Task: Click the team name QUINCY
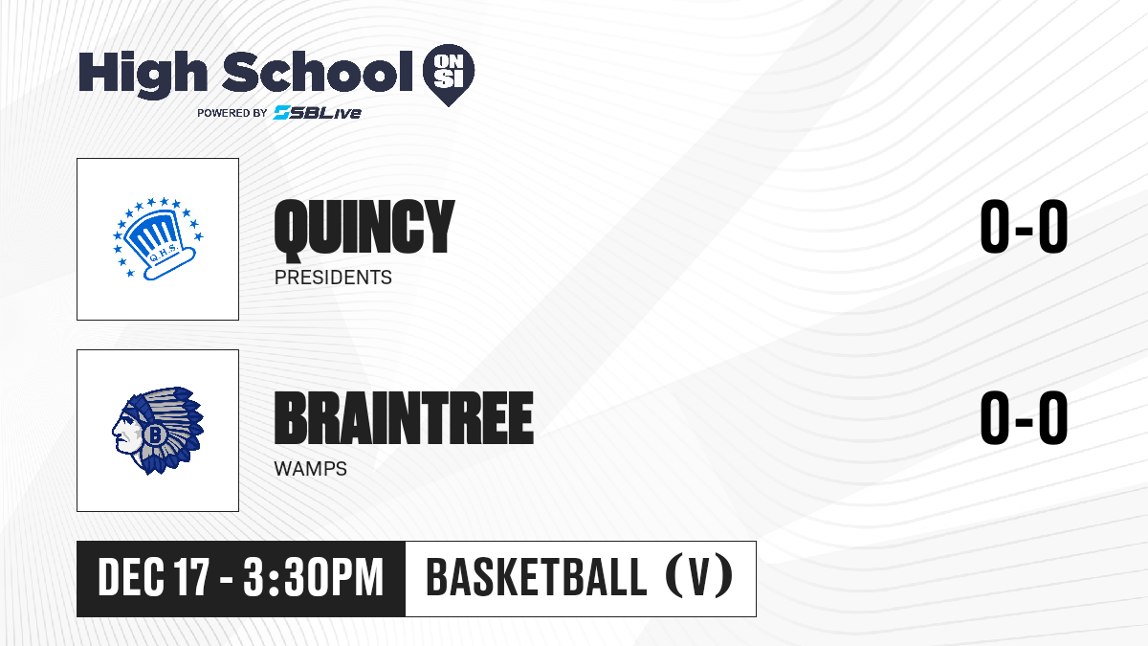tap(364, 228)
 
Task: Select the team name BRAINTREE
tap(404, 417)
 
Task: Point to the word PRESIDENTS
tap(333, 278)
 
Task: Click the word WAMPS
tap(311, 469)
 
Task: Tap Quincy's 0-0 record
tap(1024, 227)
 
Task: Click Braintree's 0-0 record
tap(1024, 418)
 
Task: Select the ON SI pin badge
tap(449, 75)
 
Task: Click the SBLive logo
tap(318, 113)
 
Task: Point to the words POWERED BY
tap(232, 113)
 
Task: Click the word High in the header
tap(143, 74)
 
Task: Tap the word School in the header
tap(318, 72)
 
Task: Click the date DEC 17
tap(154, 578)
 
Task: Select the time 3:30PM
tap(314, 578)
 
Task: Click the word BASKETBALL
tap(537, 577)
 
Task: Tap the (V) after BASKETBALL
tap(699, 577)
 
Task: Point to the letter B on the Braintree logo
tap(153, 435)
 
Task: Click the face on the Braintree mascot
tap(125, 432)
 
